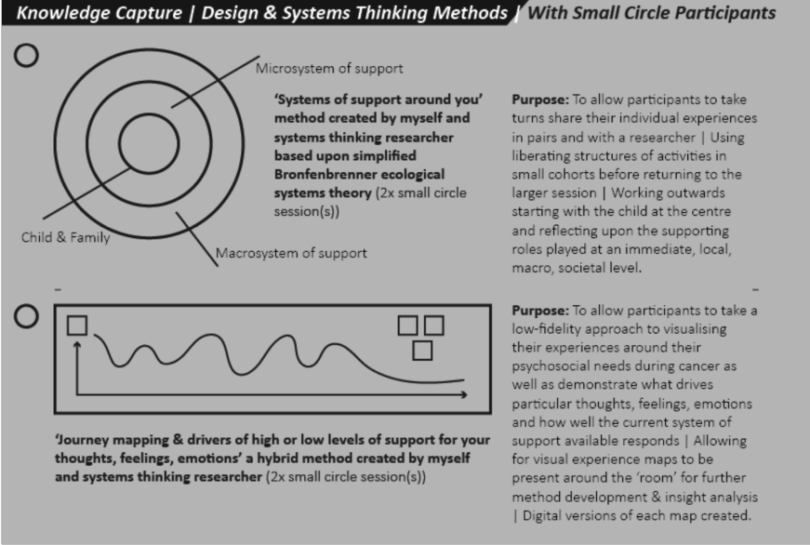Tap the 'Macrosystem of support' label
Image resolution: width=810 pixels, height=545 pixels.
point(291,253)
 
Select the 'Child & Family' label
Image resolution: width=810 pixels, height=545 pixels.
point(65,237)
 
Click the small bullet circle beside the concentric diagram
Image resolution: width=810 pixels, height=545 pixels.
point(26,55)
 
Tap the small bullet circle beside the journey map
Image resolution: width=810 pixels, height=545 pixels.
point(26,316)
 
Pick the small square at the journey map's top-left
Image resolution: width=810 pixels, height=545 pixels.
point(77,325)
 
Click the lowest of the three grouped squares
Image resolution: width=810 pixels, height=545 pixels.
point(422,351)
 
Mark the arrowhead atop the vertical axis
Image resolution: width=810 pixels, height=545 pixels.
point(77,344)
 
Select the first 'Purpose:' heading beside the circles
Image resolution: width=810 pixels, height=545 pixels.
point(540,100)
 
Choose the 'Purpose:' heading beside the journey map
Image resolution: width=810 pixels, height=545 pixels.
point(540,310)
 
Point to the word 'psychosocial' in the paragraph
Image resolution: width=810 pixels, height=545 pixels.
point(552,366)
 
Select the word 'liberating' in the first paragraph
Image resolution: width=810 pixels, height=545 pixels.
point(542,155)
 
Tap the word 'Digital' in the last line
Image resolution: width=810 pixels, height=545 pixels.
point(542,516)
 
